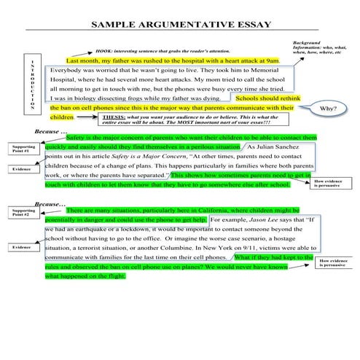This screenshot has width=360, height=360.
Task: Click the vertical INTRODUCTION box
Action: pos(31,84)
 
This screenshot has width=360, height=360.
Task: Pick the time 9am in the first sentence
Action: pos(272,62)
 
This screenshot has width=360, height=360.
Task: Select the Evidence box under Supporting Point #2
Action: pos(23,248)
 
